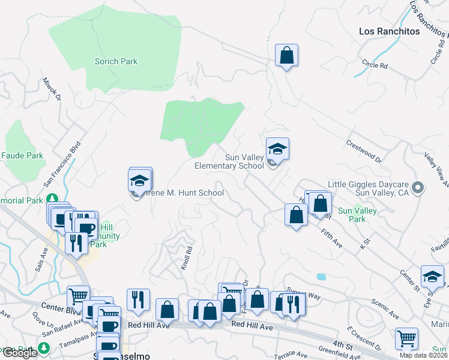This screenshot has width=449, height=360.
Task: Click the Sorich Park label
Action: [x=116, y=61]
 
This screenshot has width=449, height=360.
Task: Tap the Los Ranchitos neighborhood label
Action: [x=390, y=31]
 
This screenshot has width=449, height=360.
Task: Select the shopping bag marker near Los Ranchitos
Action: [x=287, y=55]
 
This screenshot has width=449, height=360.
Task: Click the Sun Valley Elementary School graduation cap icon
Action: [x=277, y=148]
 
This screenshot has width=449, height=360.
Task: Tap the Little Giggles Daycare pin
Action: [x=419, y=188]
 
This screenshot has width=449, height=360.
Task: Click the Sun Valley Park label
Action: [x=357, y=215]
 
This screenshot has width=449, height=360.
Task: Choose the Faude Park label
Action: [x=22, y=155]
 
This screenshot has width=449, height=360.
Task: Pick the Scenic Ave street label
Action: [x=385, y=309]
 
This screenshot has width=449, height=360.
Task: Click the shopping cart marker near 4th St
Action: [x=407, y=338]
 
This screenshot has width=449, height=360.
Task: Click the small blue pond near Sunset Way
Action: [x=321, y=277]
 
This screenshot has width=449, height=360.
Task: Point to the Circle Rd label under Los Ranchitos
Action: [x=376, y=64]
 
